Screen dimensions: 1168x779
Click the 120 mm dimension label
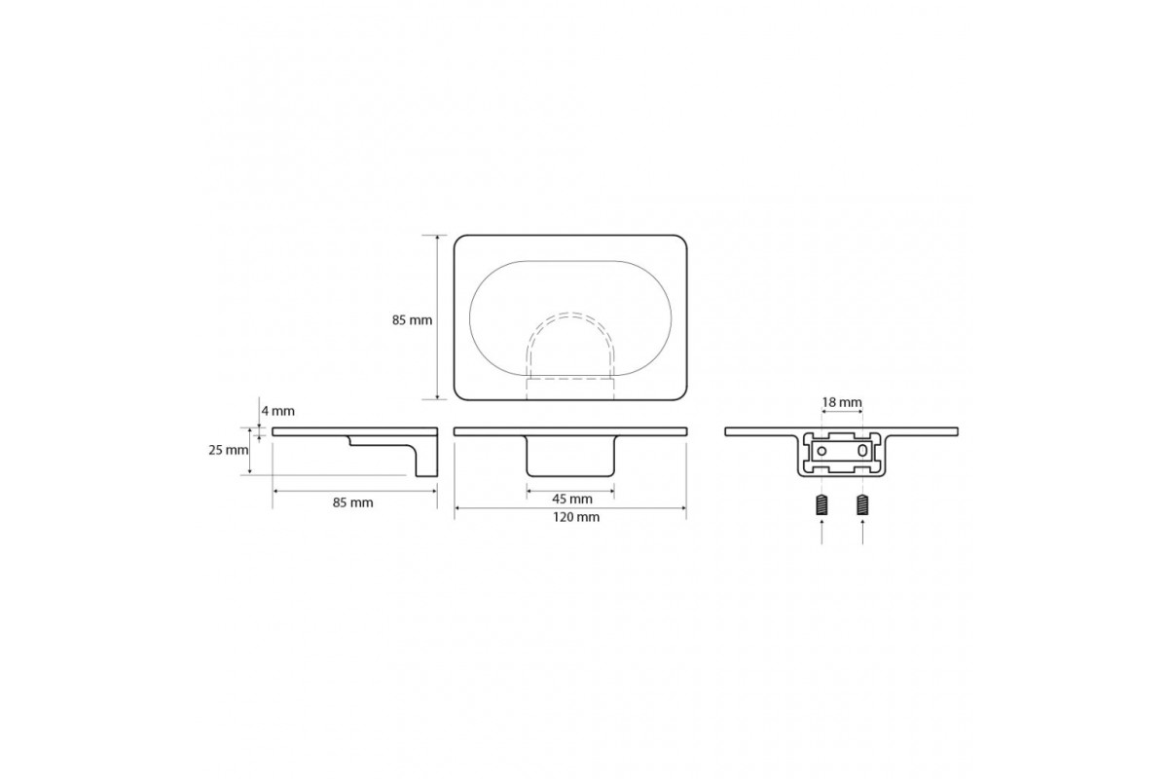point(575,517)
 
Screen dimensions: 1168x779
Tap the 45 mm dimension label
point(572,499)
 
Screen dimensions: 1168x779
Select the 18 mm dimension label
point(842,402)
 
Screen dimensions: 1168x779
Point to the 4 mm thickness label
point(278,411)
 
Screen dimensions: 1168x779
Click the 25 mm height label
point(229,450)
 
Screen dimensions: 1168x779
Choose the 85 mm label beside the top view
point(412,320)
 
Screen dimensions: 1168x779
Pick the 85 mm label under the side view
point(353,503)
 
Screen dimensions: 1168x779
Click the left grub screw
point(821,504)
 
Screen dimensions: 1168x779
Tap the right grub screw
point(862,504)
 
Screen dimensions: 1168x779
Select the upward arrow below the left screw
point(821,532)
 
